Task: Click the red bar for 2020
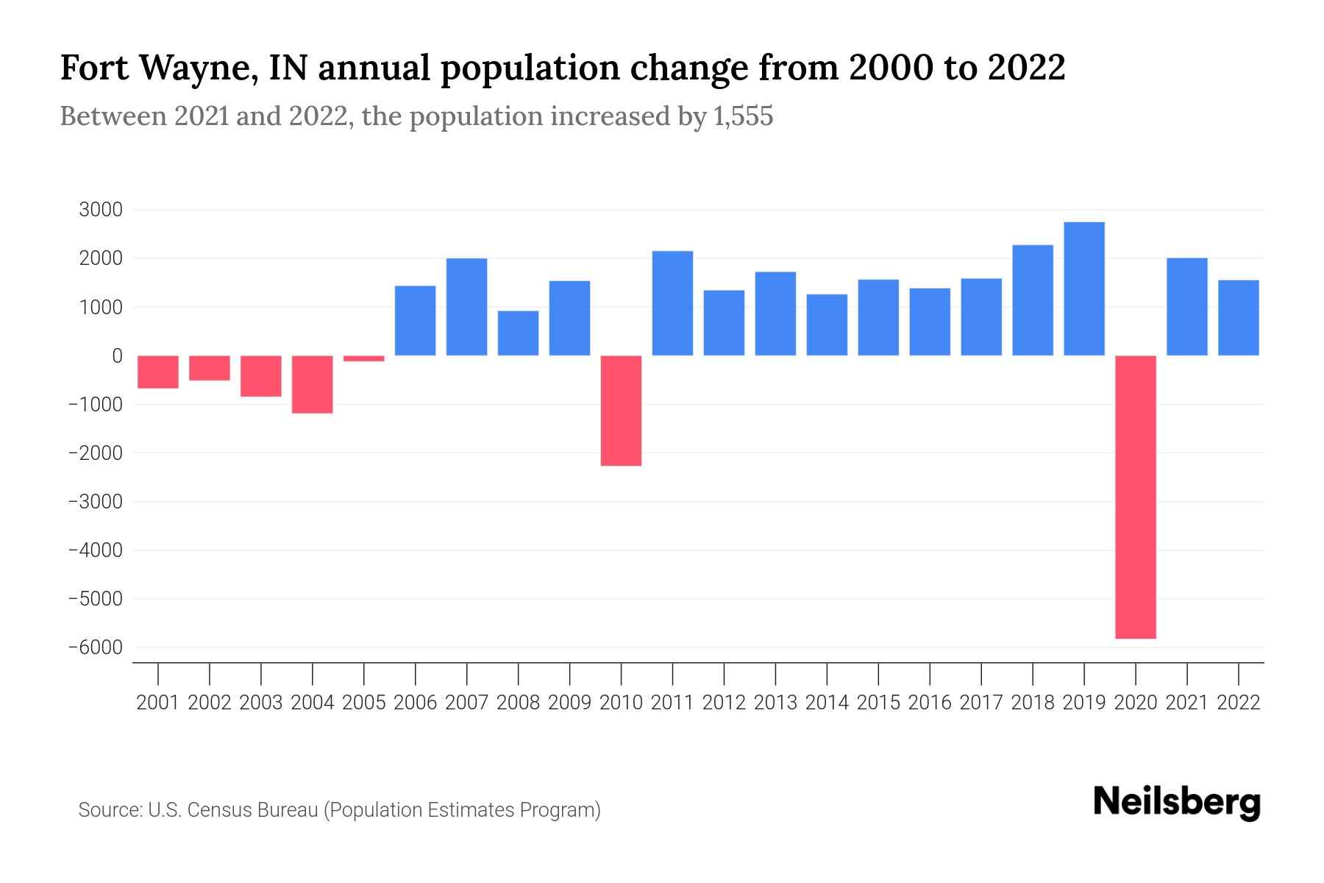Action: pos(1136,497)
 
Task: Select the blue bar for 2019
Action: pos(1084,288)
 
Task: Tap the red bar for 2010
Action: pos(621,411)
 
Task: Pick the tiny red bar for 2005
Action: pos(363,358)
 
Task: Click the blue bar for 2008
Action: pos(518,333)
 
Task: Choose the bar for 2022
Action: pos(1239,318)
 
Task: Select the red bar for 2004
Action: pos(312,384)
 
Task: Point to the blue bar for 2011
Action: pos(672,303)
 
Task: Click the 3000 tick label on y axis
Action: pos(101,210)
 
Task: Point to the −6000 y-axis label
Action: pos(95,648)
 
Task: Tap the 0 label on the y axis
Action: pos(117,356)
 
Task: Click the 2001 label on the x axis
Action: pos(158,703)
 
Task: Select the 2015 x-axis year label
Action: pos(878,703)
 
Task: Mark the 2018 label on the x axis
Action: pos(1033,703)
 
